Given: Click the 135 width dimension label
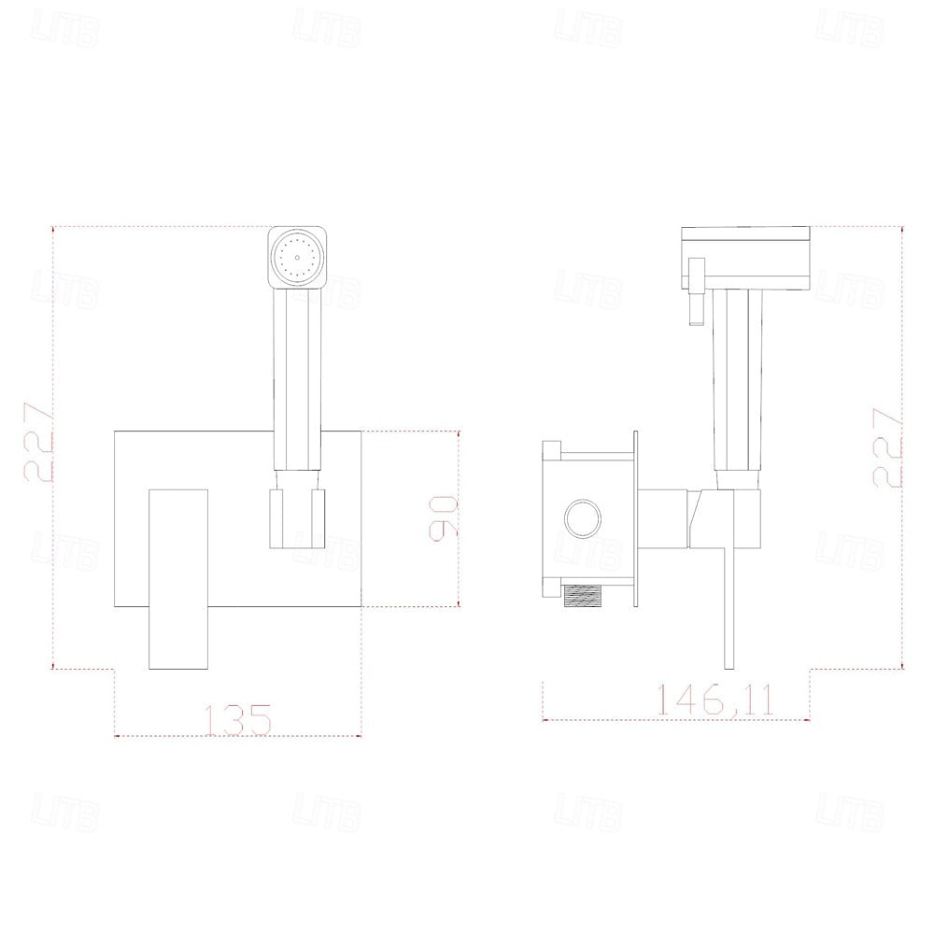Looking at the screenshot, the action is tap(237, 719).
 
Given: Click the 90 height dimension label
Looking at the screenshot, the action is tap(444, 518).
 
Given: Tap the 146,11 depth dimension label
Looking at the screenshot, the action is tap(715, 700).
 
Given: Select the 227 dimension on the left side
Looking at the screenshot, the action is tap(38, 442).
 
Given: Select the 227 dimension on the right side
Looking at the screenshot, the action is tap(887, 448).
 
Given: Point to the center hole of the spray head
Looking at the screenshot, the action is tap(297, 258).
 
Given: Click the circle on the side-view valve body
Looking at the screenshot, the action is tap(583, 516).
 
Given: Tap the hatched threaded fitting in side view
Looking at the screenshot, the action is tap(587, 596).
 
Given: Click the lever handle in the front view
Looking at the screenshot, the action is tap(178, 578).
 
